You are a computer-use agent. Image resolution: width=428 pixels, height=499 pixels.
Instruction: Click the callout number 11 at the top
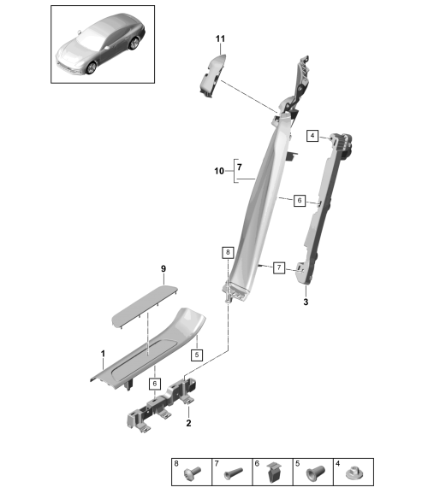[220, 38]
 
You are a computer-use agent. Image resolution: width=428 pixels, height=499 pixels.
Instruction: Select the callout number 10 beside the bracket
[219, 171]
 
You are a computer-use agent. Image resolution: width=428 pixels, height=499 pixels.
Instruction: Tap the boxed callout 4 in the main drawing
[312, 136]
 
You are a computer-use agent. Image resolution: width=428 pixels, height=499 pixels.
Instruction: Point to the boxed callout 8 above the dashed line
[228, 253]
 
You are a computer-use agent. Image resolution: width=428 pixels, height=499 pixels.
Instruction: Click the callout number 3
[306, 302]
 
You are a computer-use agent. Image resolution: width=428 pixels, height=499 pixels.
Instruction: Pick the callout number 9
[163, 269]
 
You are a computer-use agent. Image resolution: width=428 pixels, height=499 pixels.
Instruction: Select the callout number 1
[103, 354]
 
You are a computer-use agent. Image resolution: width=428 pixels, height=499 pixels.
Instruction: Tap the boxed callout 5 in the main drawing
[197, 355]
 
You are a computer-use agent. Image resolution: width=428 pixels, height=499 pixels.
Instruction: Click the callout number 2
[188, 423]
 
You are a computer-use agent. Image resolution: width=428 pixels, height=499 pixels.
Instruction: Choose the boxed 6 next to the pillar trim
[299, 201]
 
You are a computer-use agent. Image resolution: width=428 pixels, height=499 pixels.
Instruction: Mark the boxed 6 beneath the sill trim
[155, 384]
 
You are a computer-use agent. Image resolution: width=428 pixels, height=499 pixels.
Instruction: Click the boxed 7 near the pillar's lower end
[279, 267]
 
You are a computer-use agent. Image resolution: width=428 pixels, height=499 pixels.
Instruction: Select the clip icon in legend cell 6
[274, 473]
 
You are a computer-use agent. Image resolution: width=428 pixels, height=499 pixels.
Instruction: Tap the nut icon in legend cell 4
[354, 473]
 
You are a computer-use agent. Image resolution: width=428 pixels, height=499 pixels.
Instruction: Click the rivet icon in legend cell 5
[315, 473]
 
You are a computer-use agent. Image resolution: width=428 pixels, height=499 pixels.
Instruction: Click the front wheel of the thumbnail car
[92, 68]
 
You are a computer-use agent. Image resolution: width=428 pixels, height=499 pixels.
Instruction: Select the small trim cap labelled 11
[211, 75]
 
